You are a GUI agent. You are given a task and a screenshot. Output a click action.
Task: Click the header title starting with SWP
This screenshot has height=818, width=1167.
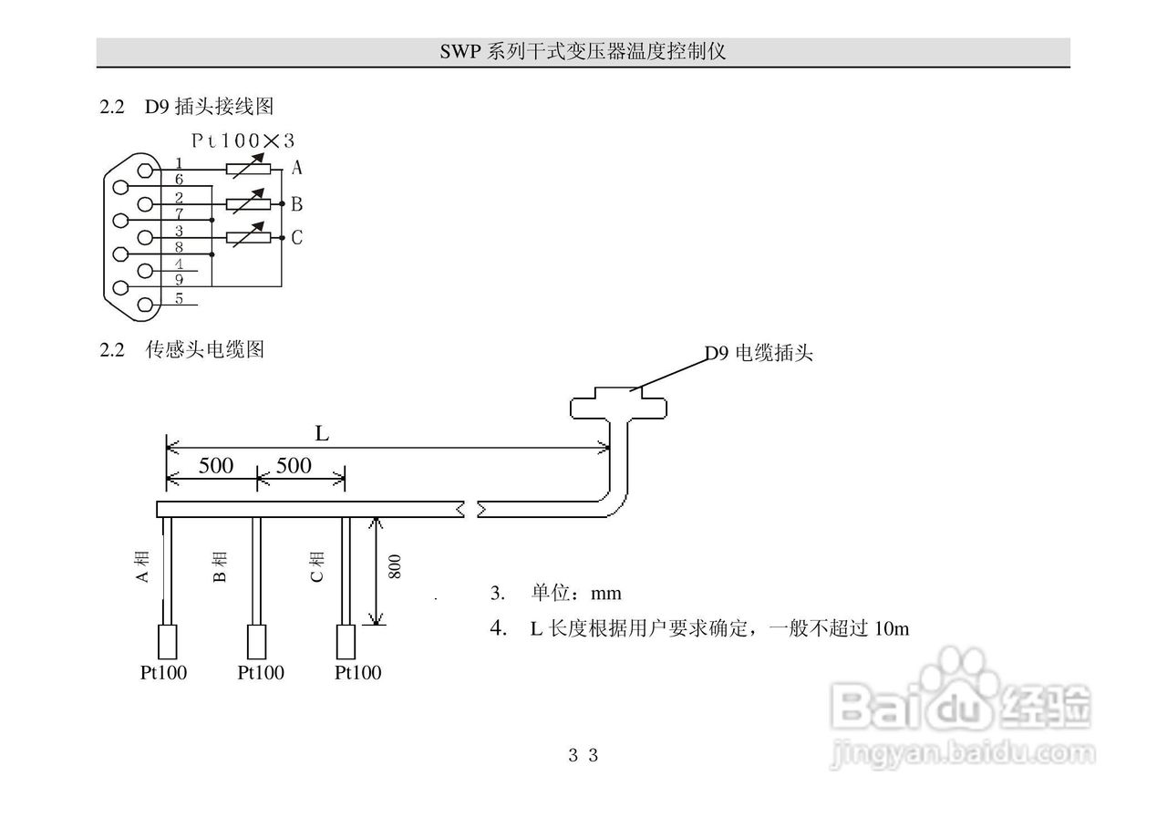pos(583,52)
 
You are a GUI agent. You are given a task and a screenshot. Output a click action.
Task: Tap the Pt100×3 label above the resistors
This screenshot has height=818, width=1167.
pos(243,140)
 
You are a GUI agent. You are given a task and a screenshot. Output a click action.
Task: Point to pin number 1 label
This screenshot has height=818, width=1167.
pos(179,163)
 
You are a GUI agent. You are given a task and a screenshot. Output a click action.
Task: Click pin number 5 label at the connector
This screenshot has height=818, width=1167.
pos(179,298)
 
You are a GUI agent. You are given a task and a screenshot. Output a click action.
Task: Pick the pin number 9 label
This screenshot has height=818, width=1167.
pos(179,280)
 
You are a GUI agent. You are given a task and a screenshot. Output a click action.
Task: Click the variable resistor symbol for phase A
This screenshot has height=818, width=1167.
pos(249,168)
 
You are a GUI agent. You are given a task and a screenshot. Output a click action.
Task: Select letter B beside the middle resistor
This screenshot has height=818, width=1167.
pos(297,203)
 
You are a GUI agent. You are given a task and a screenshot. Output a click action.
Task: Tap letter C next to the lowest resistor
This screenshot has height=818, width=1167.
pos(297,238)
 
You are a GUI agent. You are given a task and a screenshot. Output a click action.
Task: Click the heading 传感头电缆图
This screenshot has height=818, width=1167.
pos(204,349)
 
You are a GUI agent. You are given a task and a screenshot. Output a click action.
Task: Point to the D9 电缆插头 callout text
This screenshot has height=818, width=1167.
pos(759,354)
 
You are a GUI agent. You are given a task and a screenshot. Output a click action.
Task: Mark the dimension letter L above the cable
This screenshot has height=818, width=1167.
pos(322,434)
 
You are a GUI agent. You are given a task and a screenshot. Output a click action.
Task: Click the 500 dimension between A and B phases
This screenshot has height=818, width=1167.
pos(216,466)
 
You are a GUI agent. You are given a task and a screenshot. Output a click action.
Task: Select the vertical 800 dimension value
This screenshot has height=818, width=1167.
pos(395,567)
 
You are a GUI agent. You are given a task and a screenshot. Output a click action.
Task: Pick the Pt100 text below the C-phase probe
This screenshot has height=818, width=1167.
pos(357,673)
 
